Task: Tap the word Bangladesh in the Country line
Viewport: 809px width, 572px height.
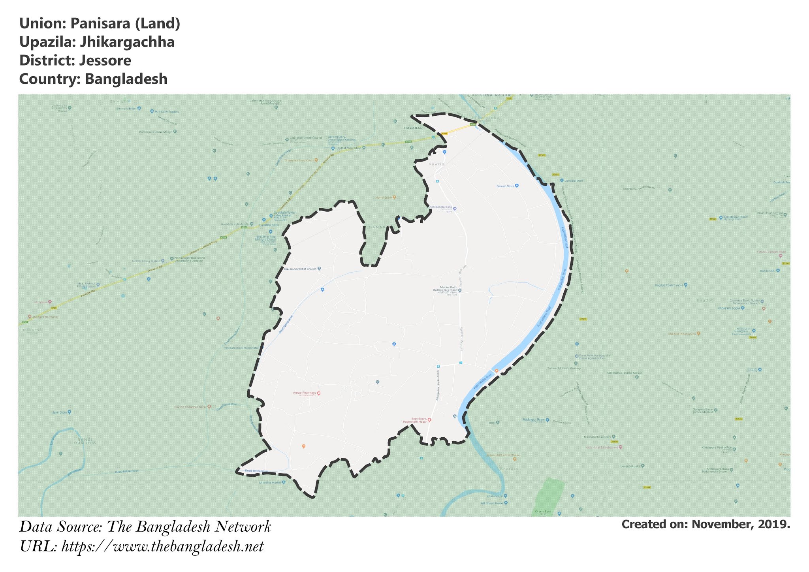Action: click(126, 79)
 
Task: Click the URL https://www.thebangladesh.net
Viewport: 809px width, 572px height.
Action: click(162, 547)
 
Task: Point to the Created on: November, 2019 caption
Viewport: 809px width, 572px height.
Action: click(706, 524)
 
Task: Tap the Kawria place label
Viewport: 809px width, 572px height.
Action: click(436, 164)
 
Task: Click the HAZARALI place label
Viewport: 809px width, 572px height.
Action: click(413, 128)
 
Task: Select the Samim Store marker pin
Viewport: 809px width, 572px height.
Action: click(516, 186)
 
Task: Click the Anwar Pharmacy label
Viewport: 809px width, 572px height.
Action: click(305, 393)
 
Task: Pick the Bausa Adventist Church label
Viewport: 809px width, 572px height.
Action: click(300, 269)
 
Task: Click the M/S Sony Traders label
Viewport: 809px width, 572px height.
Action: click(166, 112)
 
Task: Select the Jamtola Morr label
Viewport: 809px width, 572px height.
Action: click(574, 181)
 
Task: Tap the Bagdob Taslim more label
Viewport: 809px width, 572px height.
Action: click(669, 285)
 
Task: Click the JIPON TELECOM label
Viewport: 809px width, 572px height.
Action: click(728, 308)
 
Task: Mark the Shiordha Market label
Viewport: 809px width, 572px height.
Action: click(270, 483)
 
